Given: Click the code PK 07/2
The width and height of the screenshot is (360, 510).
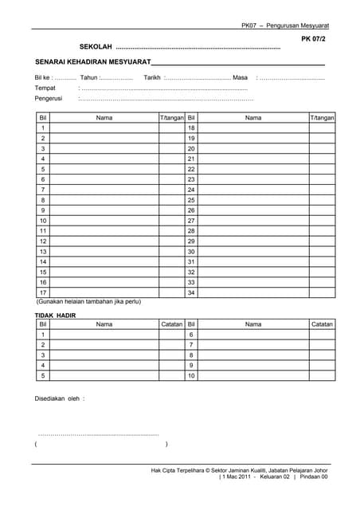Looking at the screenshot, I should pos(314,38).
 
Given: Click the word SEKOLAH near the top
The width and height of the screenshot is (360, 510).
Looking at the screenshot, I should pos(96,47).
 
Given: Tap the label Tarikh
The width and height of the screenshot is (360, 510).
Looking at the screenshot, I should pos(152,77).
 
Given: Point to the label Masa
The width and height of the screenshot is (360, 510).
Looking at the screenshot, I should pos(241,77).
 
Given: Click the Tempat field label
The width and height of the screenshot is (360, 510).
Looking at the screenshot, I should pos(45,88).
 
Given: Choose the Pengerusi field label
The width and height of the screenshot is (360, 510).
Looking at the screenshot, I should pos(49,99).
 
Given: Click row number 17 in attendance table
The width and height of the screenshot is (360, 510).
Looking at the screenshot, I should pos(43,292).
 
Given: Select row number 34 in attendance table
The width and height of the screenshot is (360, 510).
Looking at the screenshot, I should pos(191,292).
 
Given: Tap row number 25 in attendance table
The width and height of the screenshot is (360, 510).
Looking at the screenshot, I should pos(191,200).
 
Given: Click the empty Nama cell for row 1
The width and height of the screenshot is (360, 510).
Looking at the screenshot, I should pos(104,127).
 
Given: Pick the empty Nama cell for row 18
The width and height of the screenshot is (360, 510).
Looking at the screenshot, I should pos(253,127).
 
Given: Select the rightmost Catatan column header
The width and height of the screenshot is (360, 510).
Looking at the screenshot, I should pos(322,324).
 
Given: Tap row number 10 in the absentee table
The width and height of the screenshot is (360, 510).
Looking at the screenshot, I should pos(191,375).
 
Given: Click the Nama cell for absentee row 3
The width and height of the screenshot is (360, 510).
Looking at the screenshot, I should pos(104,355).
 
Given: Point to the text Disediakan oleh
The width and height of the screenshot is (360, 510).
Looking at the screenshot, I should pos(60,398).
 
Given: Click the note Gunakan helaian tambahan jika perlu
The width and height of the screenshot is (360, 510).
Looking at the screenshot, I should pos(89,302).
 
